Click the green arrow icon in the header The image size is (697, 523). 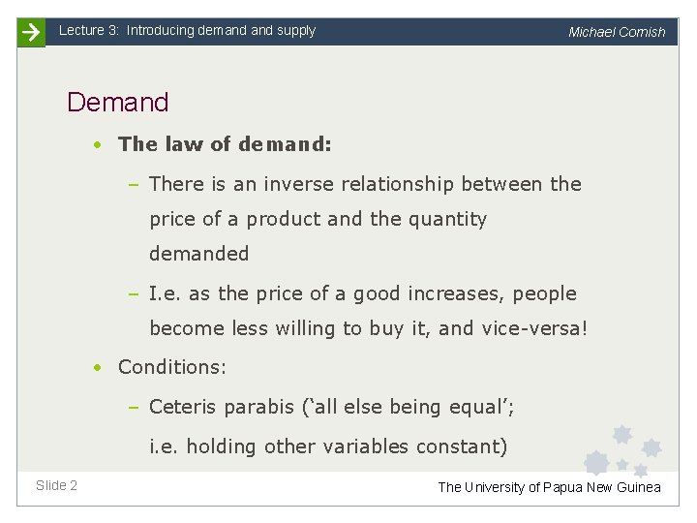pyautogui.click(x=31, y=32)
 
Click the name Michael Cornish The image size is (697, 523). pyautogui.click(x=617, y=32)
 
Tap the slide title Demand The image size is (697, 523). pyautogui.click(x=117, y=102)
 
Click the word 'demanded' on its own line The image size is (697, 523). pyautogui.click(x=198, y=254)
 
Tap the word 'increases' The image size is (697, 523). pyautogui.click(x=458, y=293)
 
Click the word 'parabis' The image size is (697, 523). pyautogui.click(x=257, y=408)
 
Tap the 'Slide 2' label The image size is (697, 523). pyautogui.click(x=56, y=485)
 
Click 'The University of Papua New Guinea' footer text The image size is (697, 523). pyautogui.click(x=549, y=487)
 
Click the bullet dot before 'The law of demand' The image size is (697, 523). pyautogui.click(x=98, y=145)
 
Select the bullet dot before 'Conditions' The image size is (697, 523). pyautogui.click(x=98, y=368)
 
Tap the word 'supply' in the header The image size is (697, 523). pyautogui.click(x=296, y=31)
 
